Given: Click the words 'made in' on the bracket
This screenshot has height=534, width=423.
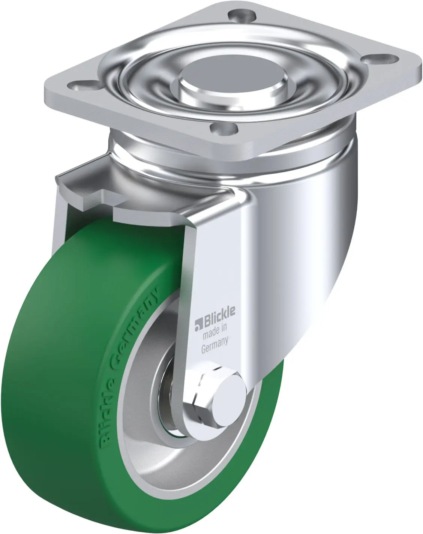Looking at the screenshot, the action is click(x=215, y=331).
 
